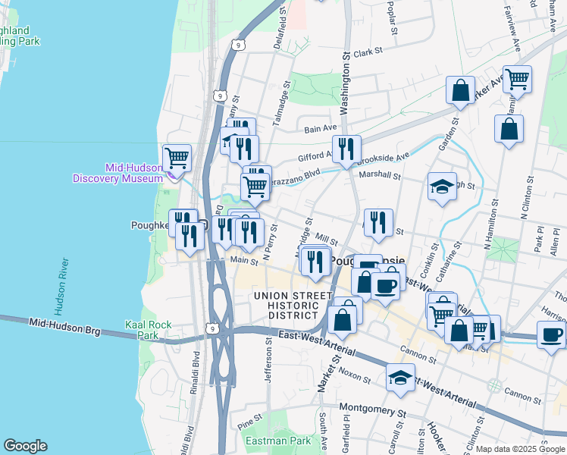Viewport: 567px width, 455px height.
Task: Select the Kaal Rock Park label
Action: coord(149,330)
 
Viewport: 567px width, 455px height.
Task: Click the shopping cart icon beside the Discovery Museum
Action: coord(177,157)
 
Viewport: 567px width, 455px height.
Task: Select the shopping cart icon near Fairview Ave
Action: coord(517,78)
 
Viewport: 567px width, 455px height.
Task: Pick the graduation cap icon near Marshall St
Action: coord(442,187)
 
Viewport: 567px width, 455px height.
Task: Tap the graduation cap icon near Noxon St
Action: coord(399,376)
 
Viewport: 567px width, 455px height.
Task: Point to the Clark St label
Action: coord(369,52)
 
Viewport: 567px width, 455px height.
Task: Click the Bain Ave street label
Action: coord(320,130)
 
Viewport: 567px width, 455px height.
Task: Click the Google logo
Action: coord(26,446)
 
